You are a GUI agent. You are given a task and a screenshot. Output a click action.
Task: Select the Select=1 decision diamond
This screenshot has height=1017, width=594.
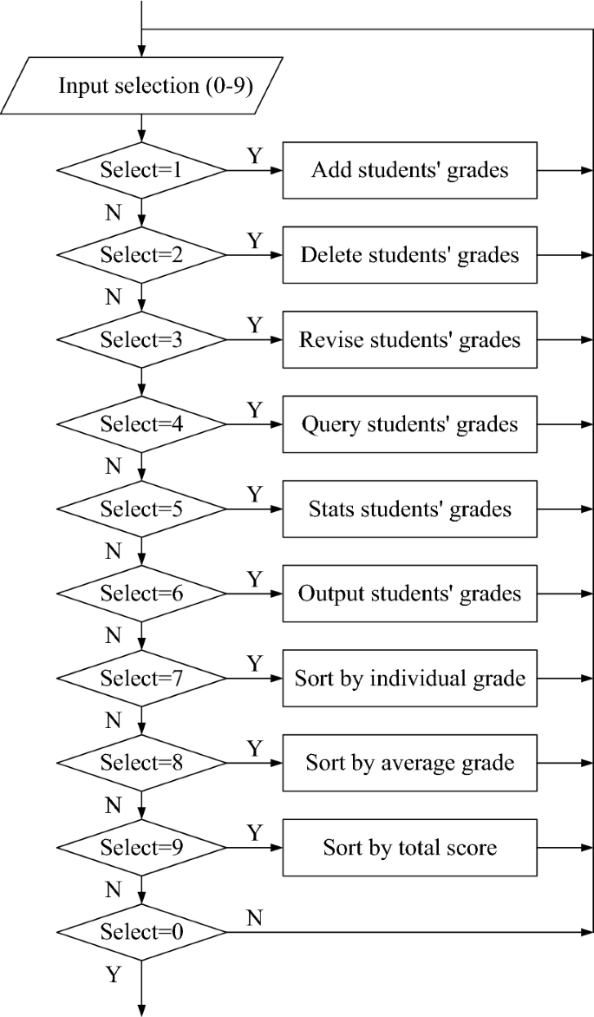pos(141,170)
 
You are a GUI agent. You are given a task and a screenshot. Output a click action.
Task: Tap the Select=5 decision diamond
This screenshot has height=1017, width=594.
pos(141,509)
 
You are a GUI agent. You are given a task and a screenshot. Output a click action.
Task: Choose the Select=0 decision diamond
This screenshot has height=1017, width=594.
pos(141,933)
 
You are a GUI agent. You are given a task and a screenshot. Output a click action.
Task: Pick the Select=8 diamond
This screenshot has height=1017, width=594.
pos(141,764)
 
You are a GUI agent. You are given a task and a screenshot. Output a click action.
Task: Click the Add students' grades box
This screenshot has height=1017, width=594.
pos(410,170)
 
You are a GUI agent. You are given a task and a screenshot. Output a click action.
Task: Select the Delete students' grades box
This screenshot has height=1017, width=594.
pos(410,255)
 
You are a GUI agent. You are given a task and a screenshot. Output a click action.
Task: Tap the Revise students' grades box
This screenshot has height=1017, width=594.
pos(410,339)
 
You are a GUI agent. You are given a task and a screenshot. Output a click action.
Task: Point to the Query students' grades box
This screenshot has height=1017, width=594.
pos(410,424)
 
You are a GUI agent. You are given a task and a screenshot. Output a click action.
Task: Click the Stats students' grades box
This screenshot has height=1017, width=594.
pos(410,509)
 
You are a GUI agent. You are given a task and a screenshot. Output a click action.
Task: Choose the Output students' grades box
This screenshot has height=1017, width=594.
pos(410,594)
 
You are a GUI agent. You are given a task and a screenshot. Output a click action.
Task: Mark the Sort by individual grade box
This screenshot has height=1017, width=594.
pos(410,679)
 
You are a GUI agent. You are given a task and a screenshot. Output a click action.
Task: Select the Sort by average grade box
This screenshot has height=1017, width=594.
pos(410,764)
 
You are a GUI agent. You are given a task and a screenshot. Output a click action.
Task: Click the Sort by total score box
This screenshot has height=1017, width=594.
pos(410,848)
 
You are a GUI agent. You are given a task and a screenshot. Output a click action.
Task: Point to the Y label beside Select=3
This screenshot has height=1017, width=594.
pos(254,325)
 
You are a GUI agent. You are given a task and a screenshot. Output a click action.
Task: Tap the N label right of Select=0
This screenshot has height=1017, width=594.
pos(254,918)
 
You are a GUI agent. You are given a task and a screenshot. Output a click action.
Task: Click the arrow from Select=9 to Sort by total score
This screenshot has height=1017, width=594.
pos(255,848)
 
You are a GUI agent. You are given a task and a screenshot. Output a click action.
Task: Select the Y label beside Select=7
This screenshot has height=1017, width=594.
pos(254,664)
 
